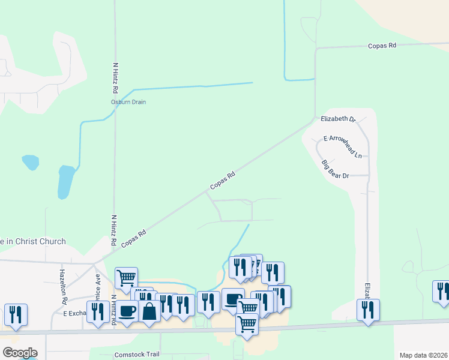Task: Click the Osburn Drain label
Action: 128,102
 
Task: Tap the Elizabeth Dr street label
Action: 338,119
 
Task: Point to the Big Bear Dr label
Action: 335,170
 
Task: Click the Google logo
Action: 19,353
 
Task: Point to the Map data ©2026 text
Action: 423,355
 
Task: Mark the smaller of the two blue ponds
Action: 30,162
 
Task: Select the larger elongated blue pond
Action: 66,182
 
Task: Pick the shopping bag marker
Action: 149,311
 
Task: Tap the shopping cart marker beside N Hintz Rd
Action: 126,277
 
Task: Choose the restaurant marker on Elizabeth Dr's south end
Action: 367,310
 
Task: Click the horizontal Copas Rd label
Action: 383,46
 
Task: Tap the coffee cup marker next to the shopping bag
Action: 127,311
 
